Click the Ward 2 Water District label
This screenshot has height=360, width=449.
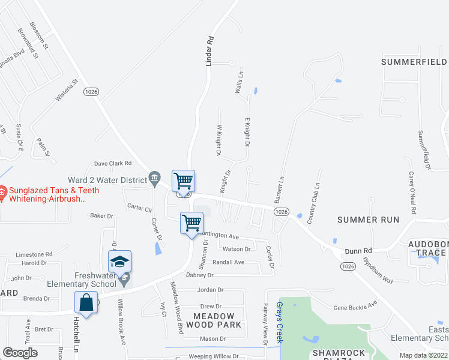107,180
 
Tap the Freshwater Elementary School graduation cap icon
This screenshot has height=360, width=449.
119,262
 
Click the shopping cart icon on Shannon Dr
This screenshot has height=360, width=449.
191,223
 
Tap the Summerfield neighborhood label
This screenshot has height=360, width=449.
414,62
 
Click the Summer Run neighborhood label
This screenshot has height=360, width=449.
368,220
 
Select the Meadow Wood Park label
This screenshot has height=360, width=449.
217,320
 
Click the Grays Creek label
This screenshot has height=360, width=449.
279,321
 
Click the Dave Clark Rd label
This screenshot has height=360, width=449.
112,163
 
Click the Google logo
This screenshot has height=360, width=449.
20,352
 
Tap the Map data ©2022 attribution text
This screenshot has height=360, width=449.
423,355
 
